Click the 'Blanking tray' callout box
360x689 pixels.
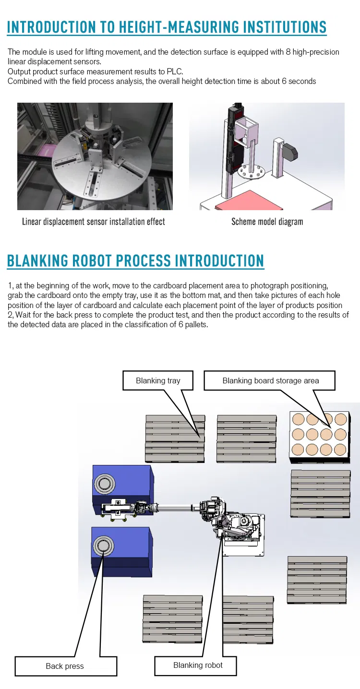coord(158,380)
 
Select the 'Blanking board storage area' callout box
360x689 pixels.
coord(270,380)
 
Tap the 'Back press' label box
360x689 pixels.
coord(65,666)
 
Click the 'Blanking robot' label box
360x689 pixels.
coord(198,665)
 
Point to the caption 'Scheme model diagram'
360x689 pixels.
coord(267,222)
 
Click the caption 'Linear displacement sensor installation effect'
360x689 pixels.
coord(94,222)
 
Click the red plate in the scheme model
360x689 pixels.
coord(250,199)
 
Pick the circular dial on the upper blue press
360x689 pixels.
coord(104,484)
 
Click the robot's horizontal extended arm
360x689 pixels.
coord(175,505)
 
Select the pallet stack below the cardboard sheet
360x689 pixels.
coord(320,493)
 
